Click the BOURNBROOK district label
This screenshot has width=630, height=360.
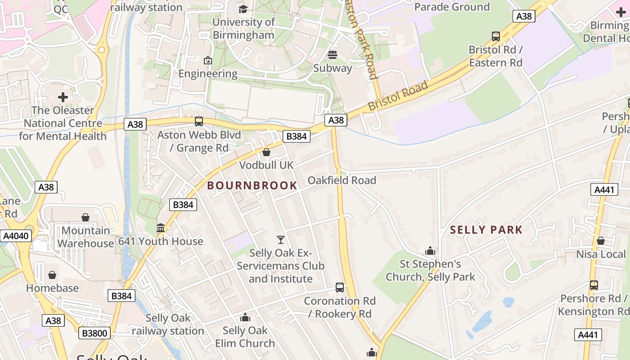(252, 185)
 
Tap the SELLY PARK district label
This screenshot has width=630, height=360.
(486, 230)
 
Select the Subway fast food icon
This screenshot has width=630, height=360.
(333, 55)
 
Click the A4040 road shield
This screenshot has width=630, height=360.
(16, 236)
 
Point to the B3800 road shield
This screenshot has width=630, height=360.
(94, 333)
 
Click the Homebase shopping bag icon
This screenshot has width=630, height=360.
(52, 275)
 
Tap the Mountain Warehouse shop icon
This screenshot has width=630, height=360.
(85, 218)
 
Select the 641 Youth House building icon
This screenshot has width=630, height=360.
(161, 228)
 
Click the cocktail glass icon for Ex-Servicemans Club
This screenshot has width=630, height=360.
(281, 240)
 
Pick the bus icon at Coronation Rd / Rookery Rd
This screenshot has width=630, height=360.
(340, 288)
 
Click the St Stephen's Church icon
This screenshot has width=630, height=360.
(430, 251)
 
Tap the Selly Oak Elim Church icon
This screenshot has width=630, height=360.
(245, 318)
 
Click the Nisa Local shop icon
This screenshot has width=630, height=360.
(600, 241)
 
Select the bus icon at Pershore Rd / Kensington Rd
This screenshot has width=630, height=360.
(594, 285)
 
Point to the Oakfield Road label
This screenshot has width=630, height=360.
(342, 180)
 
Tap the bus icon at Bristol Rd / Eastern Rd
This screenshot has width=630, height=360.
(495, 36)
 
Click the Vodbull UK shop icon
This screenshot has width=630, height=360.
(266, 152)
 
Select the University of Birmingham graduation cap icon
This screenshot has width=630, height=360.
(243, 9)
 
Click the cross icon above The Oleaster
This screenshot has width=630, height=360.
(63, 97)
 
